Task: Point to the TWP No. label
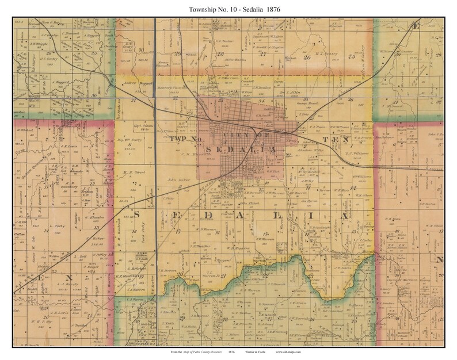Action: click(188, 139)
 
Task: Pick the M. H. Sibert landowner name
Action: click(133, 171)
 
